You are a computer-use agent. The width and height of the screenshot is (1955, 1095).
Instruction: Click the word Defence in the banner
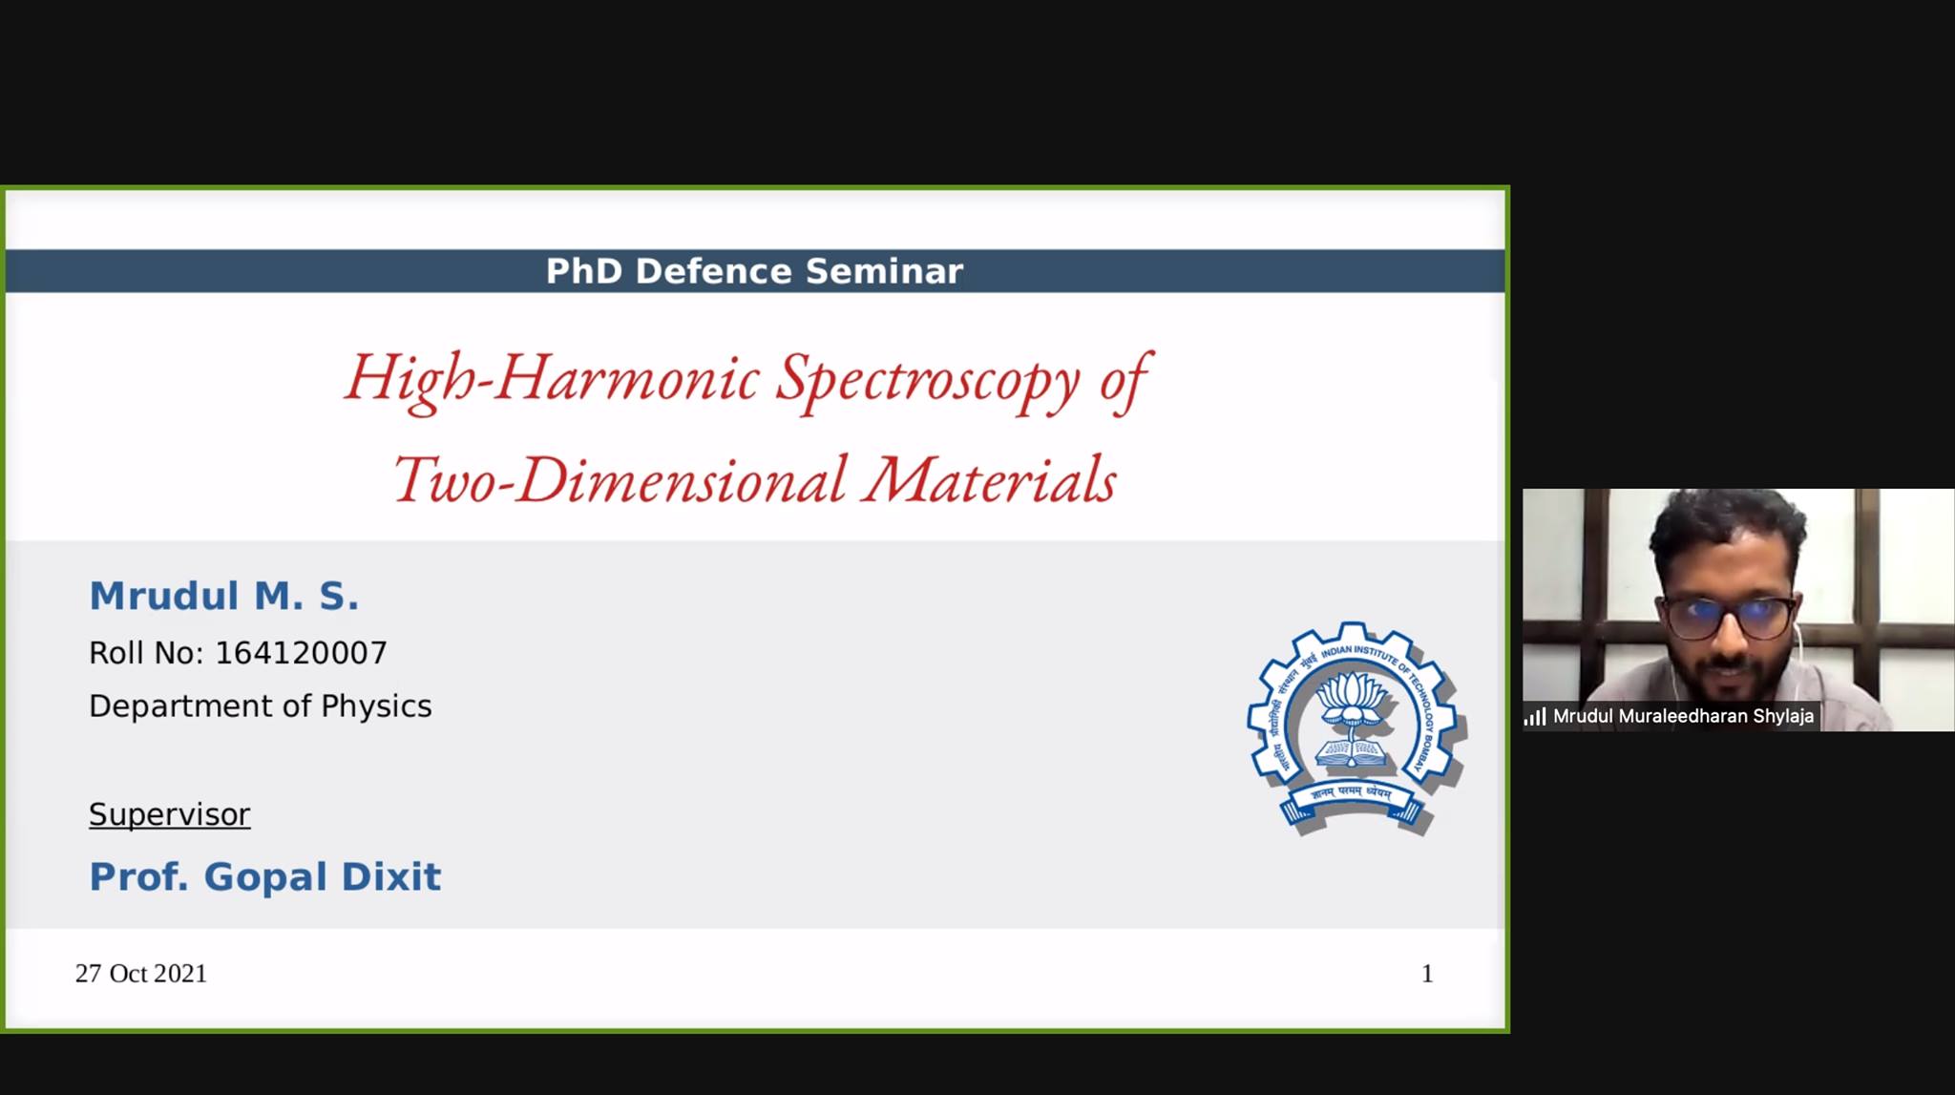(x=713, y=271)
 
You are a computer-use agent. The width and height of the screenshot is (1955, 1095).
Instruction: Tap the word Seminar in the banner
(x=884, y=271)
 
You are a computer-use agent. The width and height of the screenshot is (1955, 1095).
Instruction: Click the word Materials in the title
(x=990, y=480)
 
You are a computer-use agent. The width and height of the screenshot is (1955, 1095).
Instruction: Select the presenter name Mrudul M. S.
(x=224, y=596)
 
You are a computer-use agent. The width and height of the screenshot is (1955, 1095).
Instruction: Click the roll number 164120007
(x=301, y=653)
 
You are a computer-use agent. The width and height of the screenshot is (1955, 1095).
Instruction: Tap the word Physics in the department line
(x=376, y=706)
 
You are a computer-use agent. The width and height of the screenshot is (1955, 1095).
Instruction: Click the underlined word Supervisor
(x=170, y=814)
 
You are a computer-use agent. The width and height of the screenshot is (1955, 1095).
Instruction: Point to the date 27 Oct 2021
(x=141, y=974)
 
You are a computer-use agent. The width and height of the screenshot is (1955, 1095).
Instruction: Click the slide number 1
(x=1427, y=974)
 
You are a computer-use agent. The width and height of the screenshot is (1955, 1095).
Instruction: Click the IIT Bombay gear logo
(x=1356, y=728)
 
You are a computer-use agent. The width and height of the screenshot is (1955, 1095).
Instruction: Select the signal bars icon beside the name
(x=1535, y=716)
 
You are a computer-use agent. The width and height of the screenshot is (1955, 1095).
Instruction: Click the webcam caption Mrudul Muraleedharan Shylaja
(x=1683, y=716)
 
